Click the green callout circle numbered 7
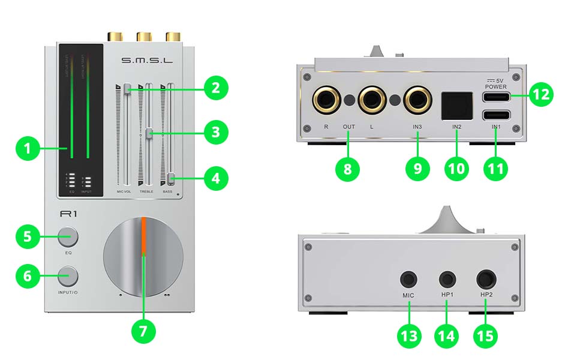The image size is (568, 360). coord(143,331)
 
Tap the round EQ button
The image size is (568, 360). coord(68,237)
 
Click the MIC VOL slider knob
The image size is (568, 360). coord(128,89)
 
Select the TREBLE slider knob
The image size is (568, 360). coord(149,133)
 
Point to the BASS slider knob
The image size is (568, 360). coord(171,178)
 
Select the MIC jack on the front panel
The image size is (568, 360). coord(410,280)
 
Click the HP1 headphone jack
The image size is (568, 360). coord(447,280)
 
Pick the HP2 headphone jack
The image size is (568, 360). coord(485,280)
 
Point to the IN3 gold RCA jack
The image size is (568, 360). coord(417,100)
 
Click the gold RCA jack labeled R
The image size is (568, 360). coord(326,100)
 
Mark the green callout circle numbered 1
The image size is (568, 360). coord(28,147)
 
